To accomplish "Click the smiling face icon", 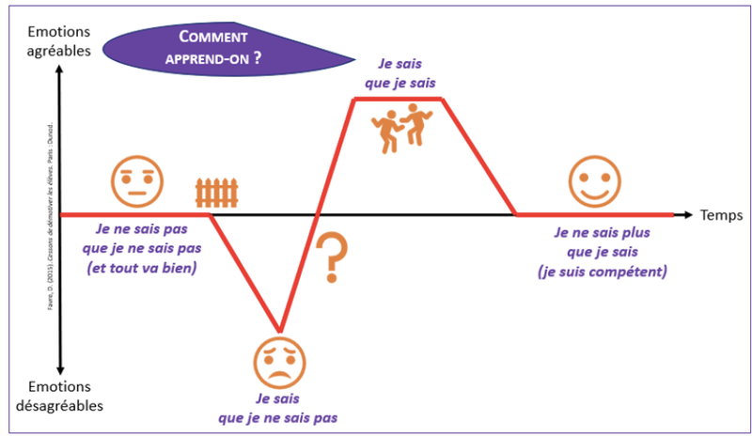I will [x=595, y=179].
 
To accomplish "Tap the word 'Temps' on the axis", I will [x=721, y=215].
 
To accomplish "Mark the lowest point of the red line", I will [x=278, y=331].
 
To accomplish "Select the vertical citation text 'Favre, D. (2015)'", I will [x=50, y=217].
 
